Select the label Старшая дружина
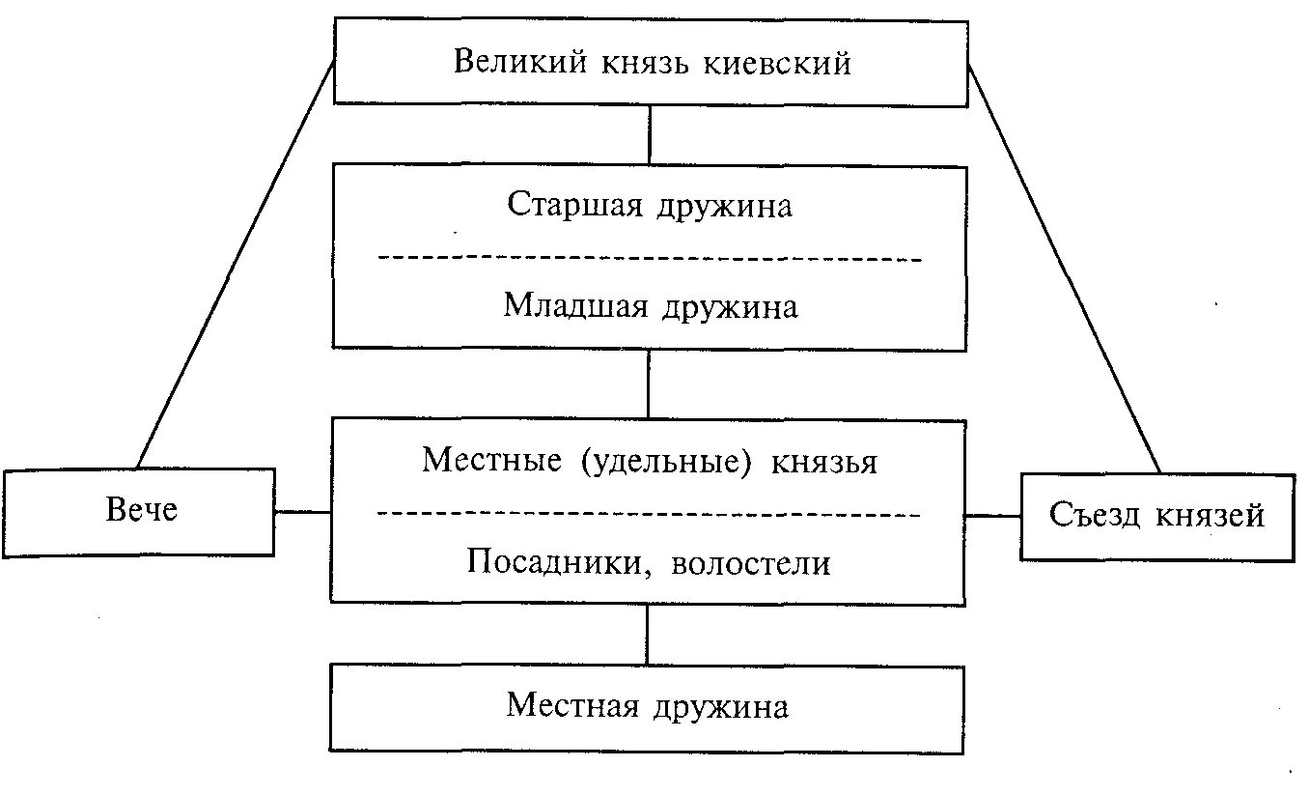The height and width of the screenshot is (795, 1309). point(650,206)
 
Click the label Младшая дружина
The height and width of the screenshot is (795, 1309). point(650,306)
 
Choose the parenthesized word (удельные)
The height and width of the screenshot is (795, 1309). point(666,461)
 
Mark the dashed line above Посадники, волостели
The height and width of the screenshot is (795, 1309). point(650,514)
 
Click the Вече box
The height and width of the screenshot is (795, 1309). point(140,511)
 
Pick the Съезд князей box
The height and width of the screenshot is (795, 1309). point(1156,516)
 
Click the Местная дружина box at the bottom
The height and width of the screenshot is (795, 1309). point(648,707)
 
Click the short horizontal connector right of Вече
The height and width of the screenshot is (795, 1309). point(303,512)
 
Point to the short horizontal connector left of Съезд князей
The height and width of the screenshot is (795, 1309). point(993,516)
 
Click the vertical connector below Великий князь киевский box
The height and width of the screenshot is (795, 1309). point(650,135)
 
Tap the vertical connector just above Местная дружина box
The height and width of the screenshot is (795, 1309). point(648,635)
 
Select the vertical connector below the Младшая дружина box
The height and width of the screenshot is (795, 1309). point(649,383)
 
